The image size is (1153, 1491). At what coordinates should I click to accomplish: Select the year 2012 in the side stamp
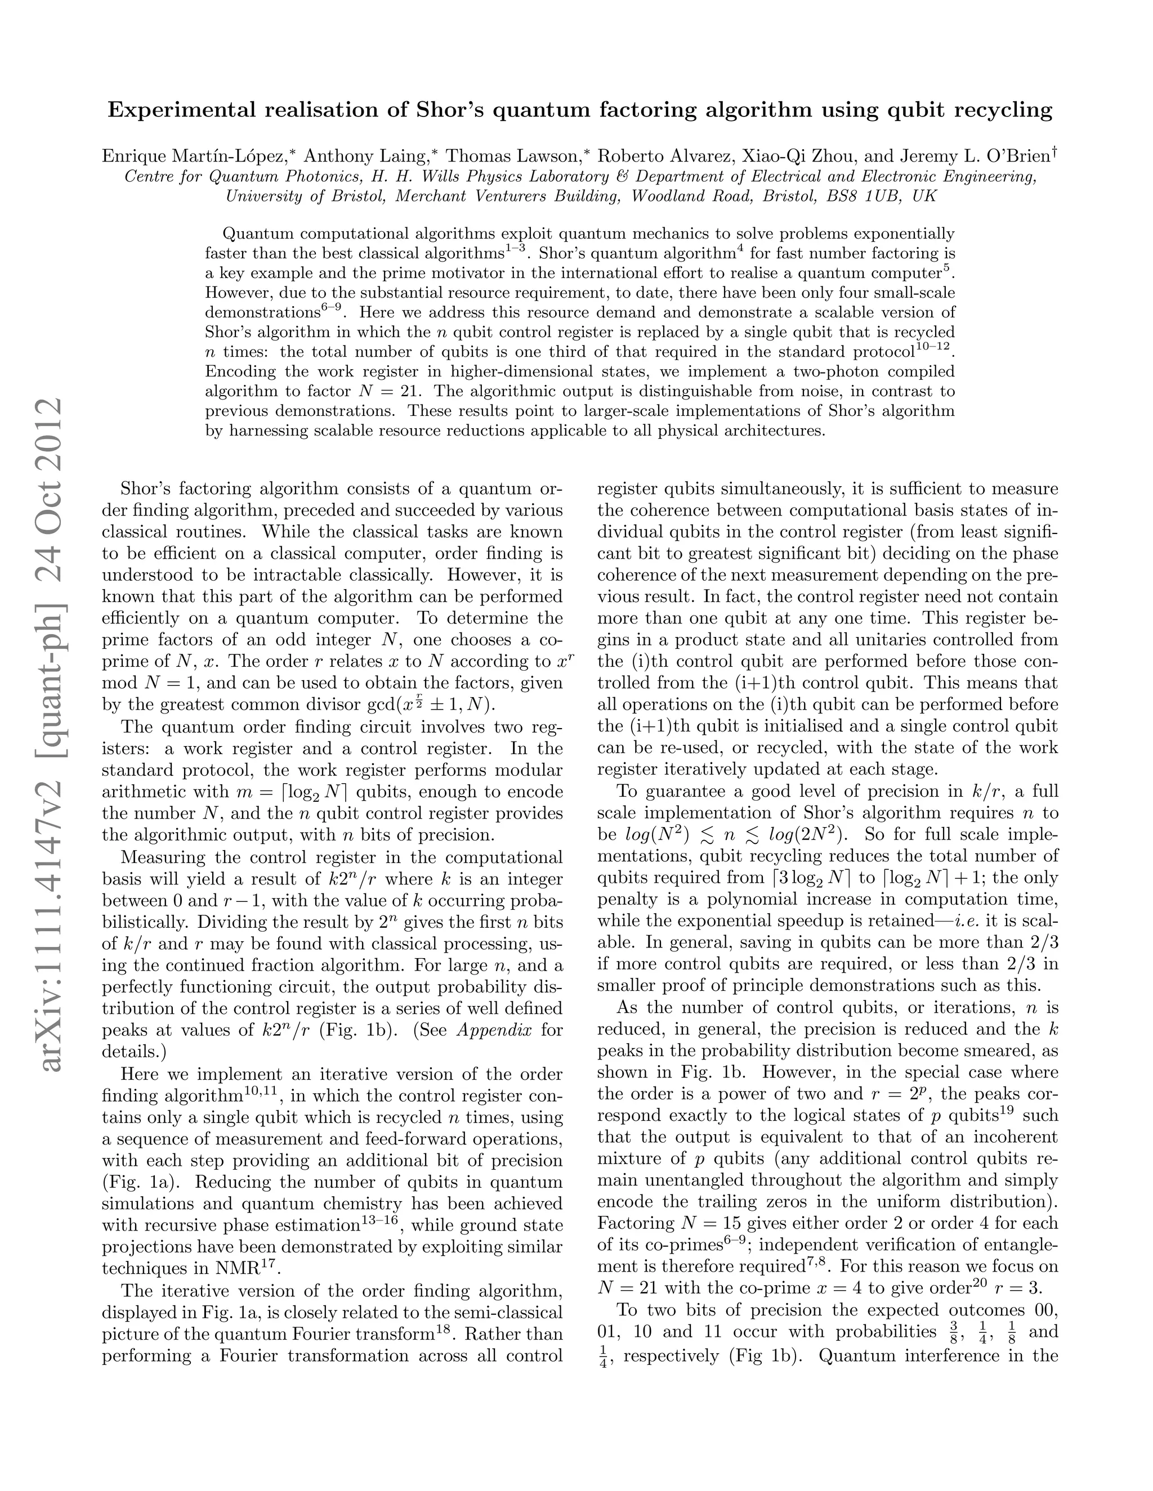[52, 444]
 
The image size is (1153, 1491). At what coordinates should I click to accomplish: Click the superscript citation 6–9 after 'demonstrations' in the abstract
[330, 308]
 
